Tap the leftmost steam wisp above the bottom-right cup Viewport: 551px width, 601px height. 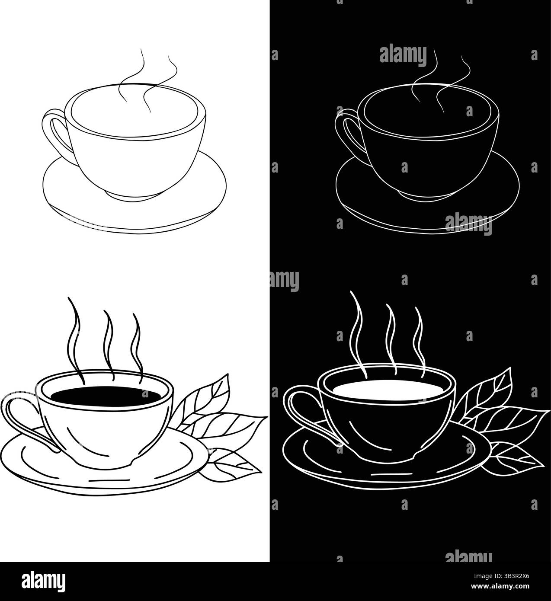(358, 329)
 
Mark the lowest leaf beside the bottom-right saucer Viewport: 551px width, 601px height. (517, 456)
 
